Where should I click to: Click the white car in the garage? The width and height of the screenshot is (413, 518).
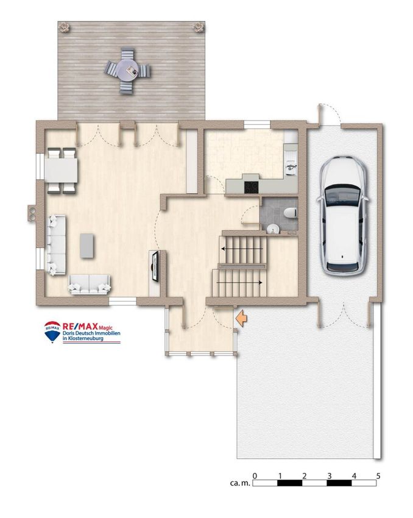342,216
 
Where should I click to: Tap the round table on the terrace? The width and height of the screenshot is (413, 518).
127,70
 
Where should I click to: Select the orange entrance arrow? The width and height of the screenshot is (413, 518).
241,318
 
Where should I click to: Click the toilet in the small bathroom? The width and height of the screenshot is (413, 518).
290,213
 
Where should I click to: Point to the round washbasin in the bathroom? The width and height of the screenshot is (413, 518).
273,229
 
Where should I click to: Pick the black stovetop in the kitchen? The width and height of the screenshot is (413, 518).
252,188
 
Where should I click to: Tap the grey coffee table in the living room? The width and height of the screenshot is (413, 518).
87,246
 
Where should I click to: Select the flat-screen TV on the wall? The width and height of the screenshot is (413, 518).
155,266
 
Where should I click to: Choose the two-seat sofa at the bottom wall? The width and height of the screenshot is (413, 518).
89,284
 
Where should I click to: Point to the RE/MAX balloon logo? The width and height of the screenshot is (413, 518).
52,332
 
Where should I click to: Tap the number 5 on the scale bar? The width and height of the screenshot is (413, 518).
378,476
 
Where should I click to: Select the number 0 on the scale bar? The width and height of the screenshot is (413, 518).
255,476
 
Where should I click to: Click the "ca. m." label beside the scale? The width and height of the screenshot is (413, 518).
240,483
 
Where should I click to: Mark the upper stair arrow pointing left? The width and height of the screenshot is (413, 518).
242,249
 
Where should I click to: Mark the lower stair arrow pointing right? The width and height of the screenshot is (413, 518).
239,282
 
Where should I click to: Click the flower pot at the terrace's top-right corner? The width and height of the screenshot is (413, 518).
199,27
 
